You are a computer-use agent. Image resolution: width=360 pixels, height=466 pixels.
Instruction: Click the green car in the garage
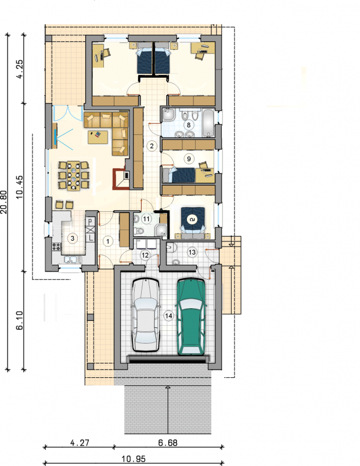(191, 317)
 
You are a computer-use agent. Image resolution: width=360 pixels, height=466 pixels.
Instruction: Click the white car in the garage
(146, 315)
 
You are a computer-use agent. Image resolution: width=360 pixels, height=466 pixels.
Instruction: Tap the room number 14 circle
(168, 316)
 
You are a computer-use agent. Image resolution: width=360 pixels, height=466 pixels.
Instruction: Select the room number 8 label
(189, 124)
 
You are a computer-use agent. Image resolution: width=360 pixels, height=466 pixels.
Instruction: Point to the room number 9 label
(189, 158)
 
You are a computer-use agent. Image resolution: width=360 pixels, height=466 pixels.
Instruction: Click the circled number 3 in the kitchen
(72, 238)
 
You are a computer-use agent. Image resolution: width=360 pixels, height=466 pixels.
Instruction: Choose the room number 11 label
(146, 219)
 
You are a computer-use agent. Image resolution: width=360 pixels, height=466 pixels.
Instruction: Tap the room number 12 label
(145, 255)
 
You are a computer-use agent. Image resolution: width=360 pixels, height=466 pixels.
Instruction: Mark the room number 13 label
(192, 252)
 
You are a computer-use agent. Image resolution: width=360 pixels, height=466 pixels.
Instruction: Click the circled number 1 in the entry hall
(108, 241)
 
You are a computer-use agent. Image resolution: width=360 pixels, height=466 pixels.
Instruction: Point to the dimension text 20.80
(3, 202)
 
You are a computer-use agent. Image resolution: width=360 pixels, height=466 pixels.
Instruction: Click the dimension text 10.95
(134, 460)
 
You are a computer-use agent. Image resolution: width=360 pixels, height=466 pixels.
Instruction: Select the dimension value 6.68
(168, 443)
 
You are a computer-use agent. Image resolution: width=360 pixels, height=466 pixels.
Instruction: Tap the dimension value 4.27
(80, 443)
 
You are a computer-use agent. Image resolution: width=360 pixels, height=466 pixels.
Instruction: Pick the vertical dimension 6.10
(19, 320)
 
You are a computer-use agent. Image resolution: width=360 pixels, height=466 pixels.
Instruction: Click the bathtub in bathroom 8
(208, 123)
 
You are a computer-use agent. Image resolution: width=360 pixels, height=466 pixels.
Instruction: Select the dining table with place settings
(73, 176)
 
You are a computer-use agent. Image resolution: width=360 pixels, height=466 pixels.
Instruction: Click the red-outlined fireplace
(121, 179)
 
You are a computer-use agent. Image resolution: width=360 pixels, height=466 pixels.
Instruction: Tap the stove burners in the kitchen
(56, 247)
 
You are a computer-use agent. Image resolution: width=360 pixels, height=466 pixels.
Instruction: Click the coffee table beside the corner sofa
(98, 137)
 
